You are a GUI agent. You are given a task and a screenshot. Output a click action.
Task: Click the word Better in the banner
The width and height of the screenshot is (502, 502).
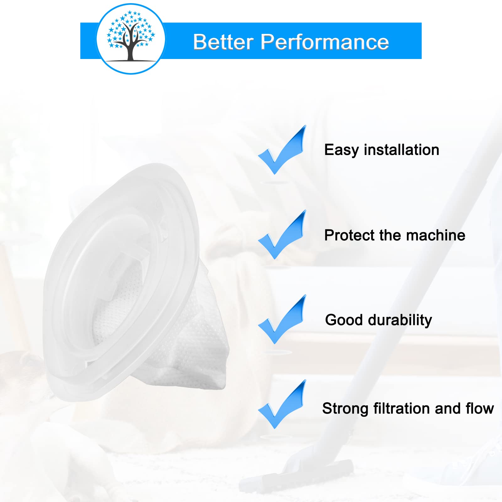tap(223, 42)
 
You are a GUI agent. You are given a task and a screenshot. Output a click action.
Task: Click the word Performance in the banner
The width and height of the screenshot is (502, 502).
tap(325, 42)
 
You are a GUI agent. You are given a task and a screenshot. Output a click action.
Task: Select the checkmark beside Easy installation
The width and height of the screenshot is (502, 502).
tap(282, 150)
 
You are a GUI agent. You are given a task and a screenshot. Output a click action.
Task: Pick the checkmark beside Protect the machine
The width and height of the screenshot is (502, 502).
tap(282, 235)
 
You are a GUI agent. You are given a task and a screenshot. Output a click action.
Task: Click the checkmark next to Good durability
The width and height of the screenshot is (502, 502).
tap(282, 319)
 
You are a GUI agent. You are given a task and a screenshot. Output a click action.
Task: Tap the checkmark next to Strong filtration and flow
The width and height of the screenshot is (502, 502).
tap(282, 404)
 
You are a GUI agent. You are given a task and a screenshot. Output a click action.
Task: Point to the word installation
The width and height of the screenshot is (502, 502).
tap(402, 149)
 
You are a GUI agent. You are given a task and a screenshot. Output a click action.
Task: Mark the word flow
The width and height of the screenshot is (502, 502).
tap(480, 408)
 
